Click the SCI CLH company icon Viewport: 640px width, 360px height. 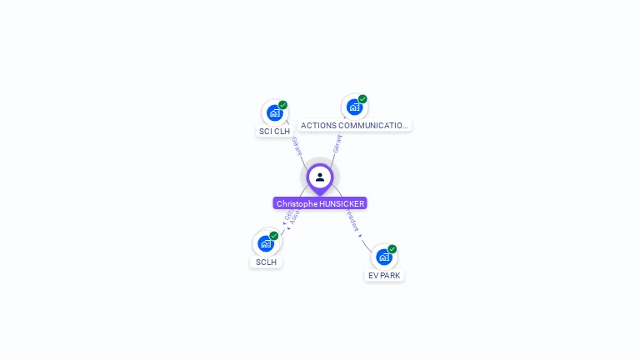pyautogui.click(x=274, y=112)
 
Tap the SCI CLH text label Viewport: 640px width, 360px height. pyautogui.click(x=274, y=131)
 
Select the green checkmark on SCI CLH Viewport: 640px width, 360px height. pyautogui.click(x=282, y=105)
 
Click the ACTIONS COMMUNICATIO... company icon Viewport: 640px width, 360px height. pyautogui.click(x=354, y=107)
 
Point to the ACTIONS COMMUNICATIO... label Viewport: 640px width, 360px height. pyautogui.click(x=355, y=125)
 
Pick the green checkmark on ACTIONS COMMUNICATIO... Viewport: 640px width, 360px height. pyautogui.click(x=362, y=99)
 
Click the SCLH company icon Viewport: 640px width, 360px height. pyautogui.click(x=265, y=243)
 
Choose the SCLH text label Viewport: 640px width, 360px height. pyautogui.click(x=266, y=262)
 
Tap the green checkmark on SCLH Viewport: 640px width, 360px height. pyautogui.click(x=273, y=236)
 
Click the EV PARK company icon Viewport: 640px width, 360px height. pyautogui.click(x=383, y=257)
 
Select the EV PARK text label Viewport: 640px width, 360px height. pyautogui.click(x=384, y=275)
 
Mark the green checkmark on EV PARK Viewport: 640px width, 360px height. pyautogui.click(x=392, y=249)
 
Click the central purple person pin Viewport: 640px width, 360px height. pyautogui.click(x=320, y=177)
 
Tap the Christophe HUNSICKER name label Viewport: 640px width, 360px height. pyautogui.click(x=320, y=203)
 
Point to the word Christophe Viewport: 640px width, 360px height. pyautogui.click(x=297, y=203)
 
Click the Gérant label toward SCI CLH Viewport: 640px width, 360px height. pyautogui.click(x=297, y=145)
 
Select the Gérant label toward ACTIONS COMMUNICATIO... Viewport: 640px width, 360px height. pyautogui.click(x=337, y=143)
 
